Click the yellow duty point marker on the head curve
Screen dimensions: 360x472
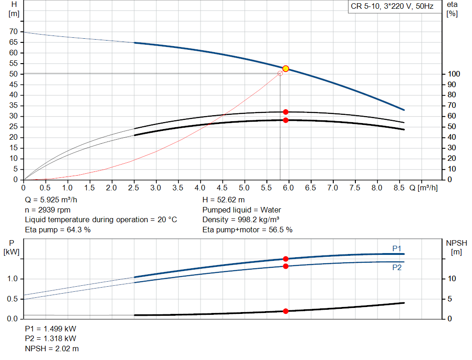point(285,69)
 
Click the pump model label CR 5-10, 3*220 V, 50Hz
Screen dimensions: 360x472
point(392,7)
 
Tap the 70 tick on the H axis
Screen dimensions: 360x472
point(14,32)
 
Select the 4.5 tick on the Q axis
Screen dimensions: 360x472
point(222,188)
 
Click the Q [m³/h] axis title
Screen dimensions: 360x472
point(424,188)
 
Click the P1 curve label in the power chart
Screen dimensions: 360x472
point(397,248)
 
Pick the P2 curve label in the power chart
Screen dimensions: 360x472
point(397,267)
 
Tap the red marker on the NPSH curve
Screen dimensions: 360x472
point(285,311)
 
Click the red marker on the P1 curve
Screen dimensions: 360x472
point(285,259)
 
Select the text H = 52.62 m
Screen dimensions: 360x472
point(224,200)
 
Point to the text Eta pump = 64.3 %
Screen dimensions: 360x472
point(58,230)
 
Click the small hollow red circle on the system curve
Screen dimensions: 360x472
point(280,73)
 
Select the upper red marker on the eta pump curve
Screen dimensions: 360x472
point(285,112)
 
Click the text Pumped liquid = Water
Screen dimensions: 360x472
point(242,210)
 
